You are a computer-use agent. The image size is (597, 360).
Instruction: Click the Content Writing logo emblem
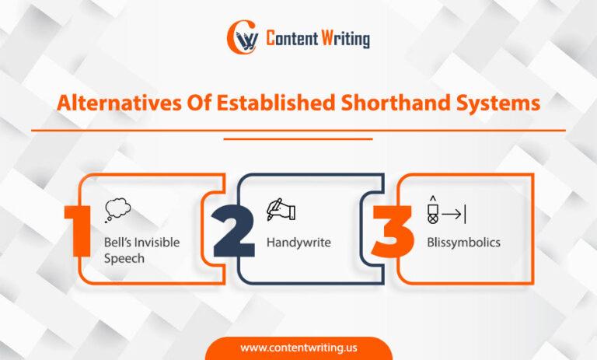[x=242, y=37]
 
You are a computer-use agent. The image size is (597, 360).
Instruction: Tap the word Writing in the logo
[x=345, y=38]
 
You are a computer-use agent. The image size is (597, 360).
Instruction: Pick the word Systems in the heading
[x=497, y=104]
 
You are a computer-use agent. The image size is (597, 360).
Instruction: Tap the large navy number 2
[x=233, y=230]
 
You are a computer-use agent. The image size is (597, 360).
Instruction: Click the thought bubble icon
[x=117, y=208]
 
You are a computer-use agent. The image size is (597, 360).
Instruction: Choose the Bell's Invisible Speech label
[x=141, y=250]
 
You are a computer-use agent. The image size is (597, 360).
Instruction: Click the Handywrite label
[x=298, y=243]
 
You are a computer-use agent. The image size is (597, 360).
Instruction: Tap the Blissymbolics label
[x=463, y=243]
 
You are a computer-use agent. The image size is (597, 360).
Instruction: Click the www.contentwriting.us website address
[x=298, y=348]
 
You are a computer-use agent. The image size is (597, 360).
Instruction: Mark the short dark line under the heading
[x=298, y=138]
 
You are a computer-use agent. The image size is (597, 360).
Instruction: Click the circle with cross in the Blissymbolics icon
[x=432, y=219]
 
